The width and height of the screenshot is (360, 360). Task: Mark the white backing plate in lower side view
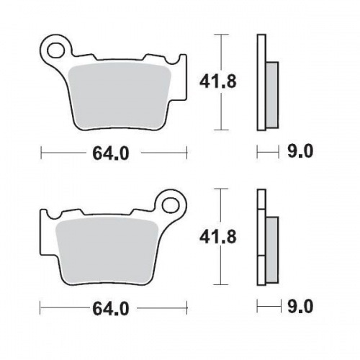261,238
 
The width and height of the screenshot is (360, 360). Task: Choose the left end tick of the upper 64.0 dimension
41,153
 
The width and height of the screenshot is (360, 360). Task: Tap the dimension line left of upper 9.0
267,153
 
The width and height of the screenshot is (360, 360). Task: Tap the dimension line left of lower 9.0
267,307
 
